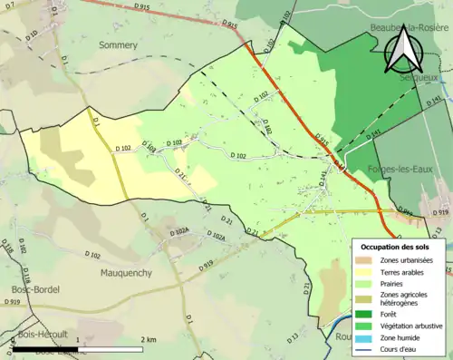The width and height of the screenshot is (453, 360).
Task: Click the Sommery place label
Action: point(118,44)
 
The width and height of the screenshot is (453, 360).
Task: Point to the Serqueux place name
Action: point(420,79)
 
